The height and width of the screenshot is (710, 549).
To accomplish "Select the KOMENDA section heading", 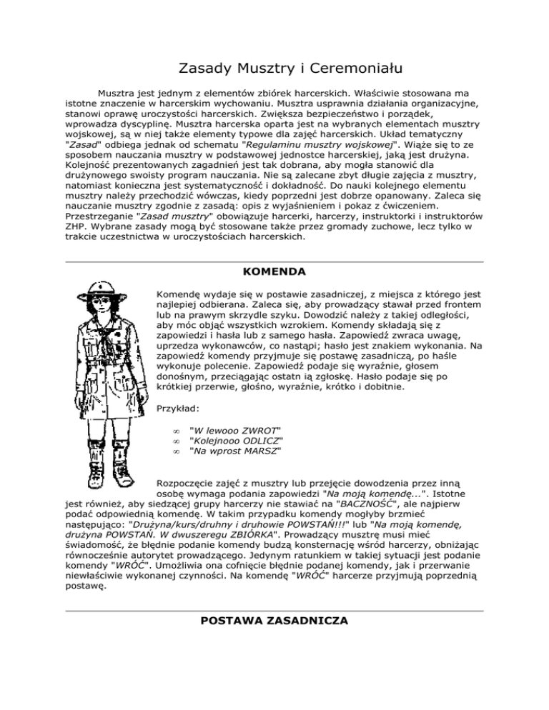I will pos(274,272).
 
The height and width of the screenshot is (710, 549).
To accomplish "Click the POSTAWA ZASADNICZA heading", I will pos(274,621).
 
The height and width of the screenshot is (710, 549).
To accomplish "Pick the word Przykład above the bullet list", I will pos(178,410).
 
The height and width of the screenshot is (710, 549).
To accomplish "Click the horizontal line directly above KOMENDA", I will pos(274,262).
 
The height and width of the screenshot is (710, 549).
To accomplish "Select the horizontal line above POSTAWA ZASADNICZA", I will pos(274,611).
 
